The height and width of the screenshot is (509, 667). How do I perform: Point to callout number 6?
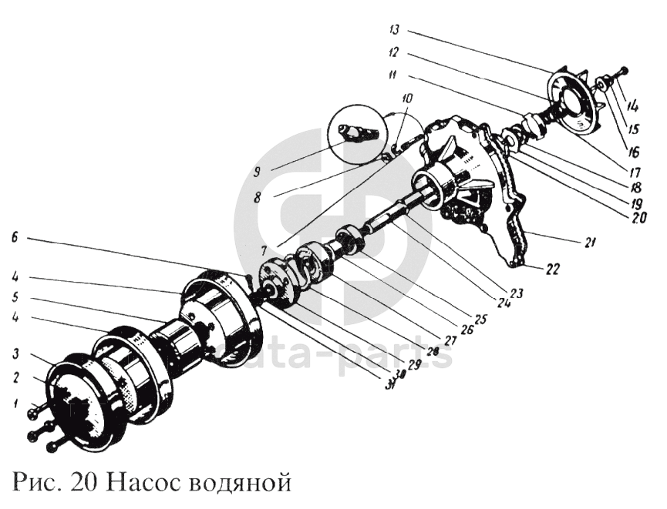(x=15, y=239)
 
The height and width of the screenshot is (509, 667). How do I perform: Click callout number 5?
(x=15, y=296)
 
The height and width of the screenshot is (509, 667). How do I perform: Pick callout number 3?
(x=15, y=353)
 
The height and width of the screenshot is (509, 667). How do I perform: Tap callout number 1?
(x=15, y=402)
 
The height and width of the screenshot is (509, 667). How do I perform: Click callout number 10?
(x=407, y=99)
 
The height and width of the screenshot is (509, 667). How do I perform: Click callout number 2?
(x=15, y=380)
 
